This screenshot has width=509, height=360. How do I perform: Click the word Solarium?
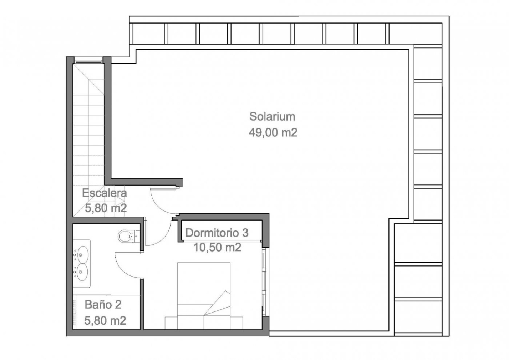tap(272, 116)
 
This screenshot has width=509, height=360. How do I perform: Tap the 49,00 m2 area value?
tap(273, 132)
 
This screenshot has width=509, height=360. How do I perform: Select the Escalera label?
tap(104, 193)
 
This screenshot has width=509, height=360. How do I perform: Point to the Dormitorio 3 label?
tap(217, 233)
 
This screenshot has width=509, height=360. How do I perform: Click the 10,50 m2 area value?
tap(217, 248)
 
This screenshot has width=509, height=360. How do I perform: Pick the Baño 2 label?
tap(103, 305)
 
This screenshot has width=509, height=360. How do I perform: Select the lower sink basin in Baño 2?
tap(82, 272)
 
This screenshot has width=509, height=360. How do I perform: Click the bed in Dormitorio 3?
tap(204, 296)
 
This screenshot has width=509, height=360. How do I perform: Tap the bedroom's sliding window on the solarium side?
tap(264, 282)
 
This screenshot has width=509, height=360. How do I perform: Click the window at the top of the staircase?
tap(88, 61)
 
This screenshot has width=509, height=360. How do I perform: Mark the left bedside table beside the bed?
tap(171, 323)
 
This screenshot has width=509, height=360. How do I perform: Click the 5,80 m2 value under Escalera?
tap(106, 208)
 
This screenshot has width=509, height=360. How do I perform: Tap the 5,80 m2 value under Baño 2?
tap(105, 321)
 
